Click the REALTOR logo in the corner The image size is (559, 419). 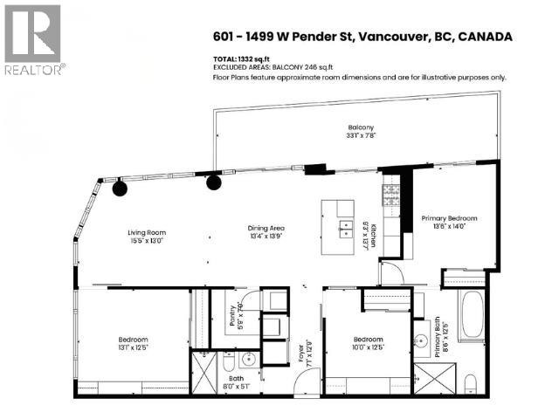coord(32,39)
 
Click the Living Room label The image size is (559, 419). coord(146,231)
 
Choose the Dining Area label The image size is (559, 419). coord(267,229)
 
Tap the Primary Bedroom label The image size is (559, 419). coord(449,217)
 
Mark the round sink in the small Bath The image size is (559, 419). coord(248,358)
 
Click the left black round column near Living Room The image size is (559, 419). coord(120,187)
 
